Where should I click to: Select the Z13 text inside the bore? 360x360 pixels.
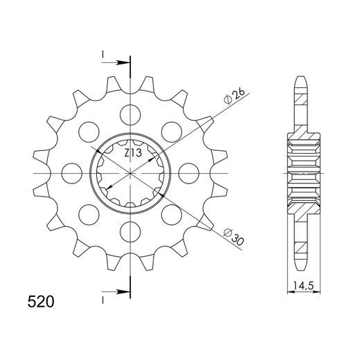pyautogui.click(x=134, y=153)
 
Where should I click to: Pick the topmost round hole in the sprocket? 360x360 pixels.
pyautogui.click(x=129, y=113)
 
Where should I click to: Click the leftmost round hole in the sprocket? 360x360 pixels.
pyautogui.click(x=71, y=171)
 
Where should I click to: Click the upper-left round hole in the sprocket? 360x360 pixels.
pyautogui.click(x=88, y=130)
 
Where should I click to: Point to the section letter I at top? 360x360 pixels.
pyautogui.click(x=102, y=53)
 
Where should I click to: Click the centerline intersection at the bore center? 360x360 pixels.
pyautogui.click(x=129, y=171)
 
